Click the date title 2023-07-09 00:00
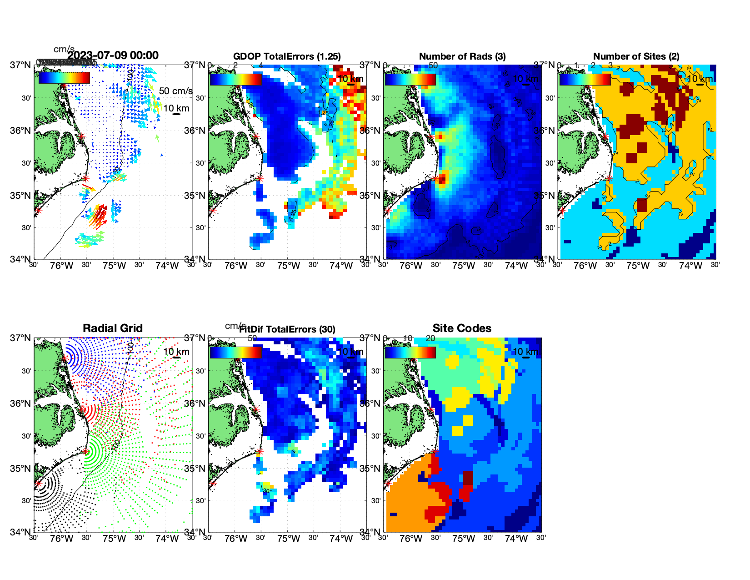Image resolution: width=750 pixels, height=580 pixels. tap(113, 55)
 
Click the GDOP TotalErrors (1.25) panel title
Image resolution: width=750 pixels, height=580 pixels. tap(287, 56)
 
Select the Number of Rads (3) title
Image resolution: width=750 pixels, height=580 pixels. tap(462, 56)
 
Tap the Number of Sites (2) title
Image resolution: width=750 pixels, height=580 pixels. tap(636, 56)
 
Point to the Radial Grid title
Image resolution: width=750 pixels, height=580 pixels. tap(113, 328)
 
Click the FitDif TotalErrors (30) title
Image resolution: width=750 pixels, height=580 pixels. tap(287, 329)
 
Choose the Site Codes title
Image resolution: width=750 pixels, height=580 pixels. tap(462, 328)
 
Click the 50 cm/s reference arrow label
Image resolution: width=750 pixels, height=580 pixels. tap(175, 91)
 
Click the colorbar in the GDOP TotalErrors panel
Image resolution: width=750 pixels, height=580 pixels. tap(236, 79)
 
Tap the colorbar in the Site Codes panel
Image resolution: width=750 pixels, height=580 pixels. tap(410, 352)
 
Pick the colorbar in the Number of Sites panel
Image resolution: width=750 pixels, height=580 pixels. tap(585, 79)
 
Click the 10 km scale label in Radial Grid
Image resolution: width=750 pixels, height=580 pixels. tap(176, 352)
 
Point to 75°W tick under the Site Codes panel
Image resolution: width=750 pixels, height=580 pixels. tap(464, 539)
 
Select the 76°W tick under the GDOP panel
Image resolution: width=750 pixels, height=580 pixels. tap(236, 266)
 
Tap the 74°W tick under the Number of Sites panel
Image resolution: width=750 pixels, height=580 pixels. tap(690, 266)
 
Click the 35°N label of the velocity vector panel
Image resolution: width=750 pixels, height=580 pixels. tap(21, 196)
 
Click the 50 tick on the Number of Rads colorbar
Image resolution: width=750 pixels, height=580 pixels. tap(433, 66)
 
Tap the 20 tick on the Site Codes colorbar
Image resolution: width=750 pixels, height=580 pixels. tap(430, 338)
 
